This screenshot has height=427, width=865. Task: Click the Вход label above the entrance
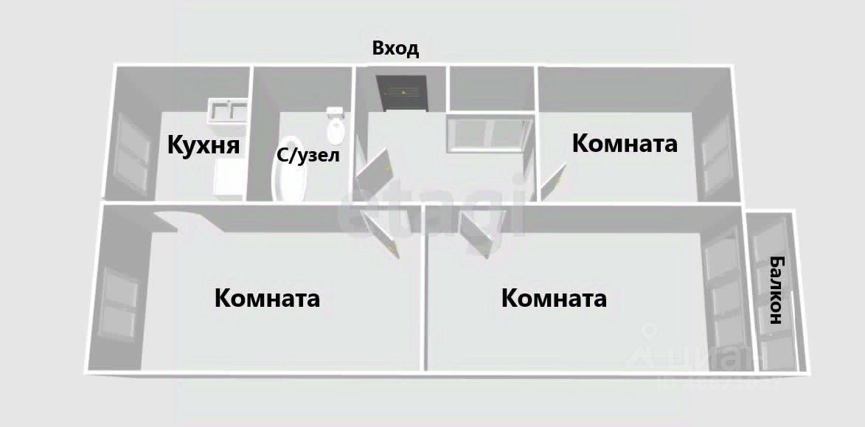[x=395, y=49]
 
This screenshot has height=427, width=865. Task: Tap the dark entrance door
[x=403, y=93]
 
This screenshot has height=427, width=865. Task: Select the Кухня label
[x=204, y=145]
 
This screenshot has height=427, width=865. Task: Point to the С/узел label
[x=308, y=156]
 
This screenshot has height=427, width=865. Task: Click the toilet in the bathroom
[x=336, y=126]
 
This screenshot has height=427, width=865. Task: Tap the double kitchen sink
[x=227, y=111]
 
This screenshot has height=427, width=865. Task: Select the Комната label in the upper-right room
[x=625, y=143]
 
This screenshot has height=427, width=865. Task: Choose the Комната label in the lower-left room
[x=267, y=299]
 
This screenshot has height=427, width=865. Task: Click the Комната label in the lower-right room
[x=554, y=299]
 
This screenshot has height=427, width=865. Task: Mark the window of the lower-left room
[x=117, y=307]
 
